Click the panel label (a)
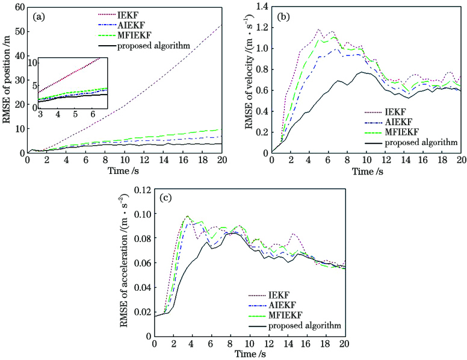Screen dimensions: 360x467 point(37,15)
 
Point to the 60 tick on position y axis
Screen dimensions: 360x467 point(19,7)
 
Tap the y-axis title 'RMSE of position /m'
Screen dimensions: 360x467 point(7,79)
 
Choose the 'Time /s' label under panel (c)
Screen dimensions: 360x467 point(249,355)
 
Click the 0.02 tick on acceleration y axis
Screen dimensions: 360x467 point(140,311)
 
